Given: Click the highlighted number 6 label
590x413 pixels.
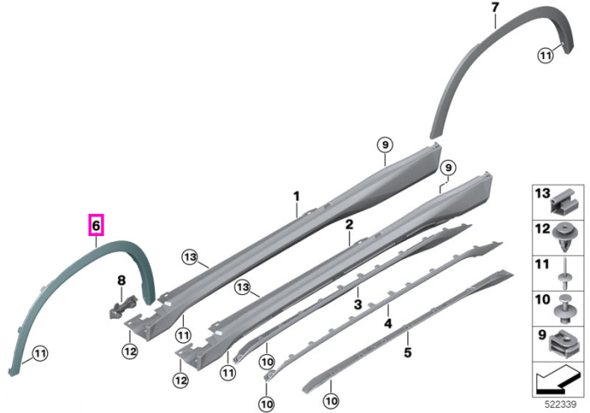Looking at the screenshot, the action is click(x=96, y=225).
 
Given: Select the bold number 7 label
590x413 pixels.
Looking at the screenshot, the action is click(x=495, y=8).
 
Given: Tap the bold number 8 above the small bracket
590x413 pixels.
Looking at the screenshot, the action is click(x=121, y=280).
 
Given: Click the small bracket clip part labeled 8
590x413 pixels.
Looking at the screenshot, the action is click(x=123, y=306).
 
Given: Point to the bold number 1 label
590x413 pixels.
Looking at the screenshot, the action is click(x=297, y=196).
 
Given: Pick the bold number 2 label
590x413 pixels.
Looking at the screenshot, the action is click(x=349, y=224).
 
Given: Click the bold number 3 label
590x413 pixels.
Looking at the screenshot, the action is click(x=357, y=304).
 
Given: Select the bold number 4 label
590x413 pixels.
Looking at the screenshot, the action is click(x=388, y=323).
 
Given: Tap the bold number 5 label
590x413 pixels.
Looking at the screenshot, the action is click(x=407, y=352).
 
